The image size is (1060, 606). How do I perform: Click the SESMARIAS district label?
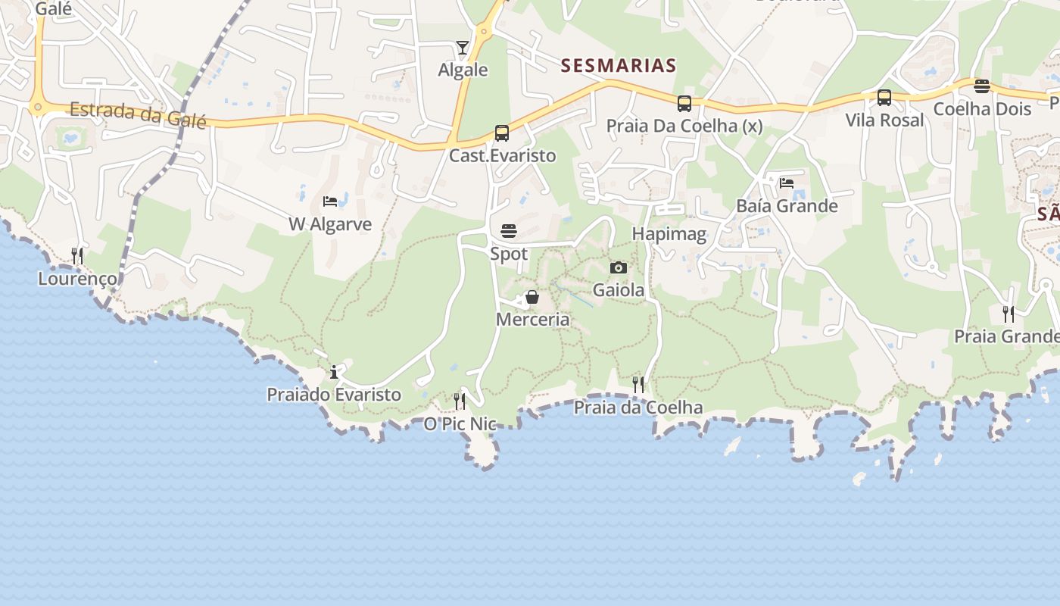[619, 66]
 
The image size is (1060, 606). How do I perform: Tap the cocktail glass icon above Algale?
[463, 48]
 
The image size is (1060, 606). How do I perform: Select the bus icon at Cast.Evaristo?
[501, 133]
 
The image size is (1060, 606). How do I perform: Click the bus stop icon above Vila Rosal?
[884, 98]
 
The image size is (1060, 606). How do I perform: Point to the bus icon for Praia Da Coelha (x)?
[684, 104]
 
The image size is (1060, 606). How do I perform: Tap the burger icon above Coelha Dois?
[982, 86]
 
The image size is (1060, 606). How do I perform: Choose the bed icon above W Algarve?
[330, 201]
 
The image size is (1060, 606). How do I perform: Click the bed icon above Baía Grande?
[787, 183]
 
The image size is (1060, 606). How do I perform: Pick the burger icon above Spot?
[509, 231]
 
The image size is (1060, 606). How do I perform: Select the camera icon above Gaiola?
[619, 267]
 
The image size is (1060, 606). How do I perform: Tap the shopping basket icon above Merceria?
[532, 297]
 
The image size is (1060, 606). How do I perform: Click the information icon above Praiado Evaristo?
[334, 372]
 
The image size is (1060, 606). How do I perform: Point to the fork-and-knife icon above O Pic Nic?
[460, 401]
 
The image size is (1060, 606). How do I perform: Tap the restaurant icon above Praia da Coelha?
[638, 385]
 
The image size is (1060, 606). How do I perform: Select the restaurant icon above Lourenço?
[77, 256]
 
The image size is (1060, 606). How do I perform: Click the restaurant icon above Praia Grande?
[1009, 314]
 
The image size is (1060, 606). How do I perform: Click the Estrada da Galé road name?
[138, 115]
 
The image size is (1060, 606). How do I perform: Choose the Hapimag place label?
[669, 234]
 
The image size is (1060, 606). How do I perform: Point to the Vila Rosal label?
[884, 120]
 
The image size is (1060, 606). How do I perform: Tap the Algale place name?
[463, 70]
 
